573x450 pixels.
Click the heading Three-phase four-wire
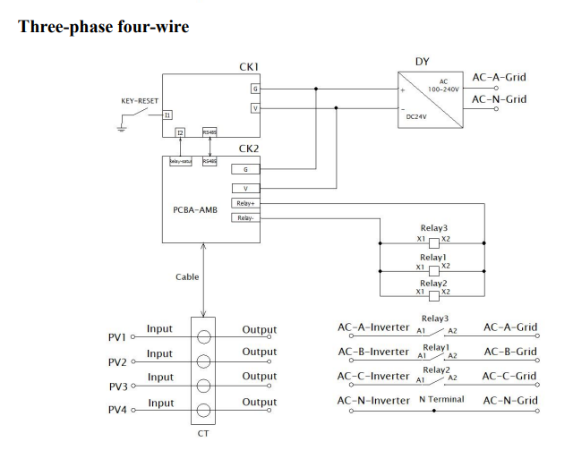[x=104, y=26]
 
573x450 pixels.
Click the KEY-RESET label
[x=139, y=101]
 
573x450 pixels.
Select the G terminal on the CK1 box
[x=255, y=89]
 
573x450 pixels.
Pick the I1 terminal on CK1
[x=167, y=115]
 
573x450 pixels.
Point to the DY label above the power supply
[x=422, y=62]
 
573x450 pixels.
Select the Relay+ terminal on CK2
[x=244, y=203]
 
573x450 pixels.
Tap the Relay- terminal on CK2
[x=244, y=217]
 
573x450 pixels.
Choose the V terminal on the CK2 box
[x=244, y=188]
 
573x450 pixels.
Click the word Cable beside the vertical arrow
[x=187, y=277]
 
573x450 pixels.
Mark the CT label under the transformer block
[x=203, y=434]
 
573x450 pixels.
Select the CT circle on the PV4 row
[x=203, y=411]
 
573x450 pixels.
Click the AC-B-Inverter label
[x=372, y=352]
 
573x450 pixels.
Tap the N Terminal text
[x=441, y=399]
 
